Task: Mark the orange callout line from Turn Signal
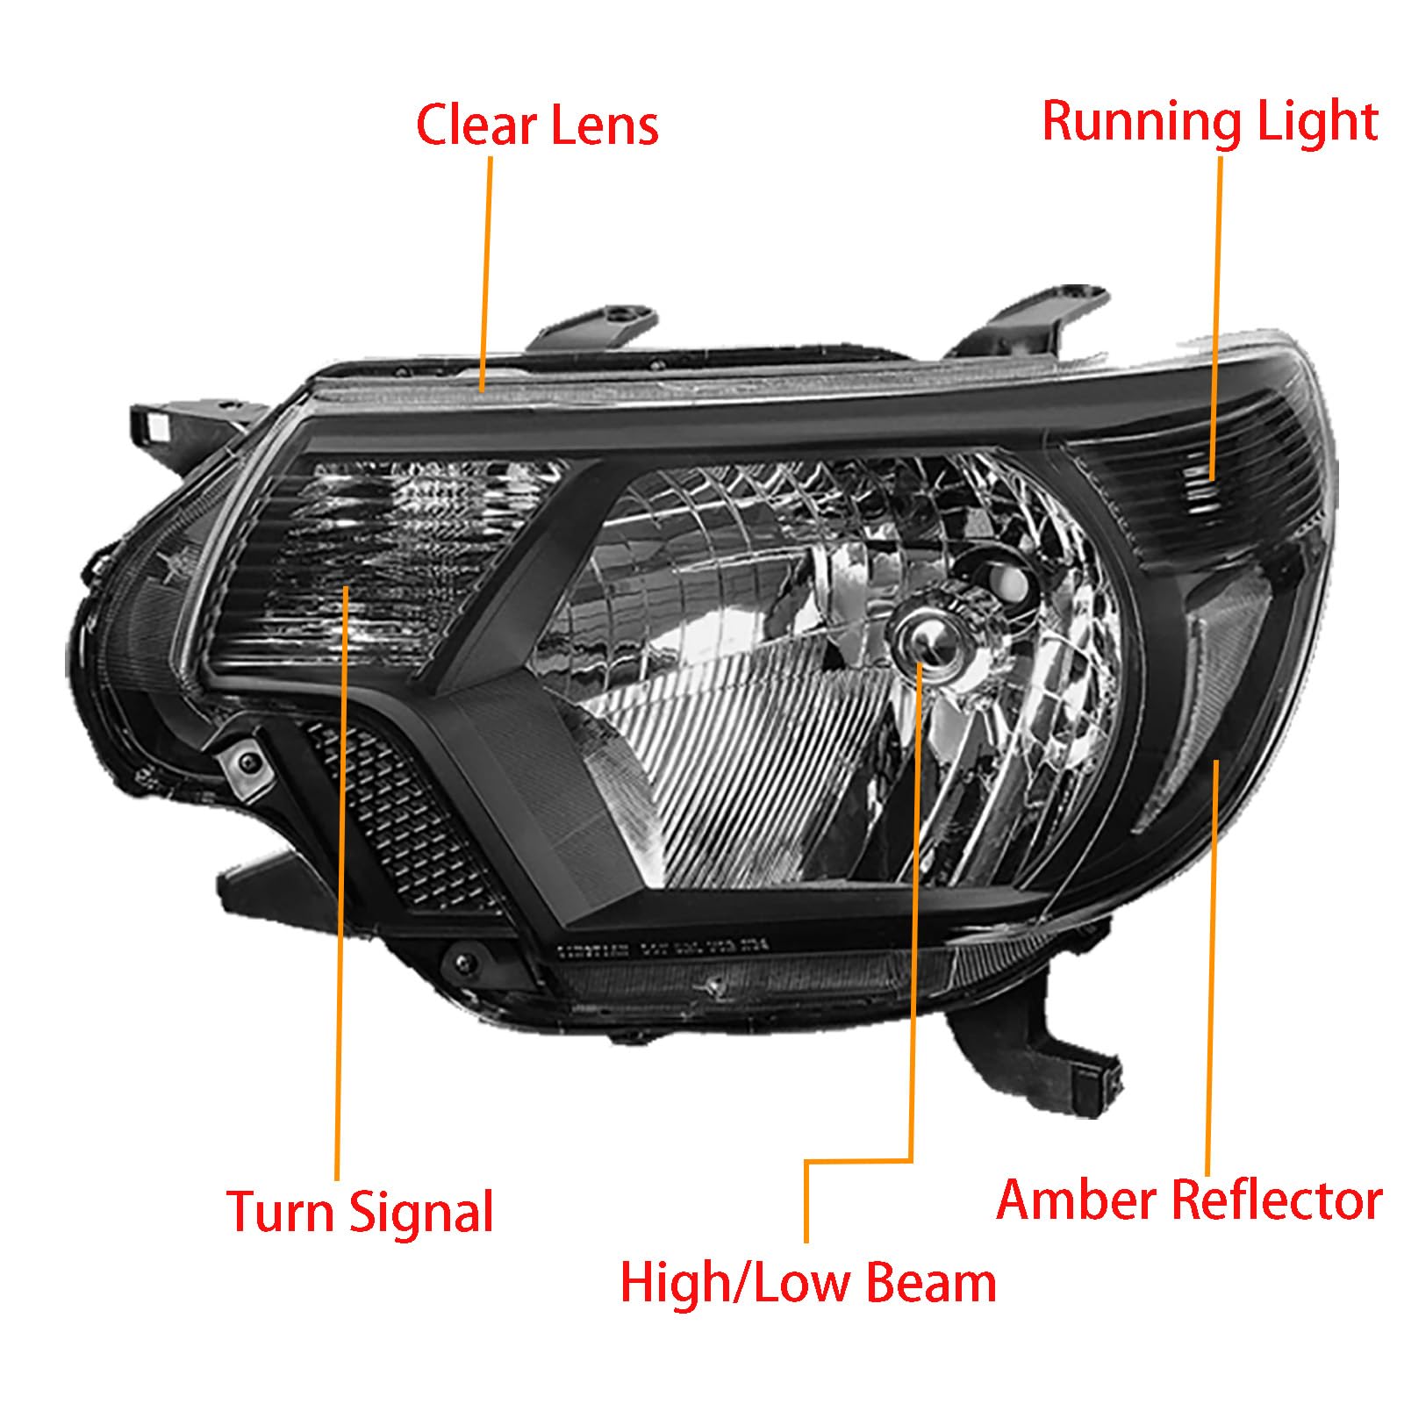click(x=340, y=882)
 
